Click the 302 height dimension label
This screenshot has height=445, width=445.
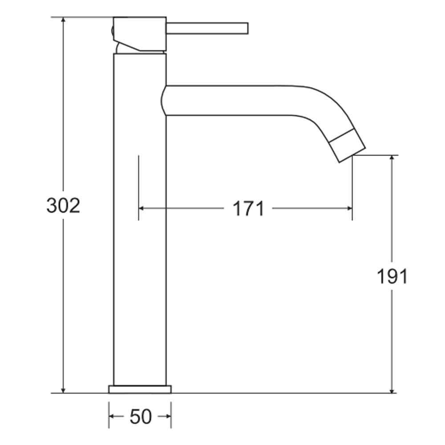pos(63,206)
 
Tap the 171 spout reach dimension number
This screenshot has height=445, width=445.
pos(248,209)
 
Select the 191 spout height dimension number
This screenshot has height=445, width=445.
pos(392,276)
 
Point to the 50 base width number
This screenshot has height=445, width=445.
pos(141,417)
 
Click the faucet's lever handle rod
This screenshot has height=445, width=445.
pos(207,28)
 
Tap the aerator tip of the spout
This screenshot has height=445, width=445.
pos(349,146)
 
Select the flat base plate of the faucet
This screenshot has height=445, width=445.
pos(140,389)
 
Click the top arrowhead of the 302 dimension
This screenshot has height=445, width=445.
pos(63,20)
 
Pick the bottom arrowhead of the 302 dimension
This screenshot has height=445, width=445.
pos(63,390)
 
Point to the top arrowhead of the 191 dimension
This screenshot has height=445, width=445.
pos(392,158)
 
